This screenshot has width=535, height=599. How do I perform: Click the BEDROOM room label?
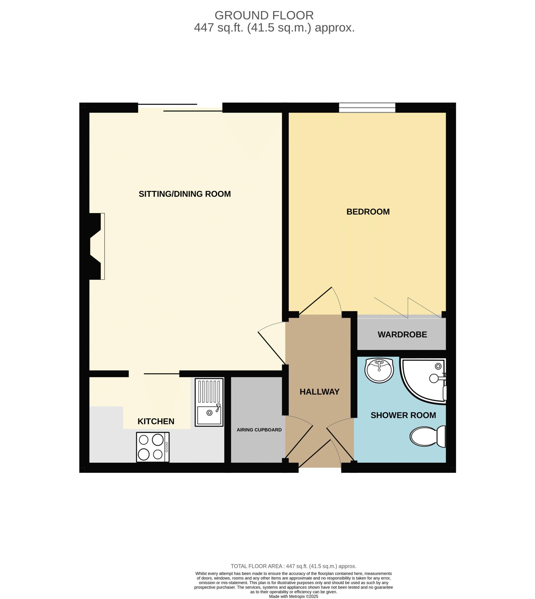[x=368, y=212]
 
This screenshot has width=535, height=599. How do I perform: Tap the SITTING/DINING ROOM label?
[x=184, y=194]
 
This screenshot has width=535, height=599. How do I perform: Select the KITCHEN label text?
[x=156, y=421]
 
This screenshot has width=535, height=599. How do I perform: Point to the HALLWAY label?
[x=320, y=392]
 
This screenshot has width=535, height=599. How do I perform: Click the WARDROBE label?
[x=402, y=334]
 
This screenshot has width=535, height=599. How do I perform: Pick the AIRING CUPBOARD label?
[x=259, y=430]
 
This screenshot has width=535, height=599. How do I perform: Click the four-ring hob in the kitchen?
[x=153, y=447]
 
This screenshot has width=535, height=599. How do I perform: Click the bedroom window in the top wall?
[x=367, y=108]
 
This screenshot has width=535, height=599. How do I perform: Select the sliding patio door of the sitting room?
[x=180, y=108]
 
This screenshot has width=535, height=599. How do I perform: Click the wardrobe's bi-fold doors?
[x=408, y=308]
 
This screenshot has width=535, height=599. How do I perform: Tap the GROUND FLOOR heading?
[x=264, y=15]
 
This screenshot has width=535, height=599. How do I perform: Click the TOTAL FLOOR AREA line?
[x=293, y=566]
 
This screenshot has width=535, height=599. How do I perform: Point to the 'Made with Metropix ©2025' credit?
[x=293, y=596]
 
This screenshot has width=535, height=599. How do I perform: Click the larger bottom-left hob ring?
[x=144, y=454]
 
